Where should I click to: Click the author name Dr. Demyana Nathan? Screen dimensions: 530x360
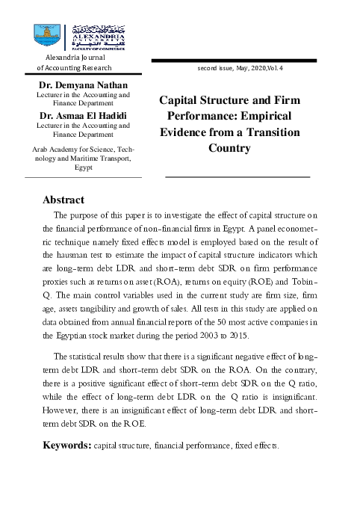(x=83, y=86)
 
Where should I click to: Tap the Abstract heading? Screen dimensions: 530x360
(x=63, y=200)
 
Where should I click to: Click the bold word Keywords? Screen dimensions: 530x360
(x=66, y=446)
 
